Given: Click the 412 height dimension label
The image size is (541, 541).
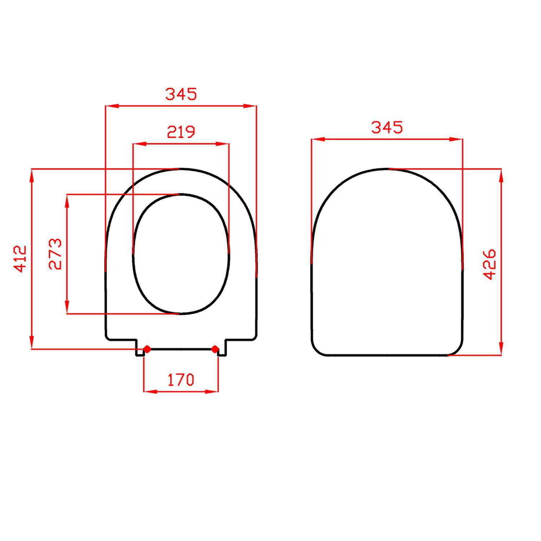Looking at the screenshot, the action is coord(21,259).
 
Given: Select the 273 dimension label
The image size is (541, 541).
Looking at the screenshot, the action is coord(56,254).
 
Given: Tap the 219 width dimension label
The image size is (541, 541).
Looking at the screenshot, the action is coord(181,132).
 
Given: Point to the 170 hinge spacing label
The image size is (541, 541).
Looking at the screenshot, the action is coord(180,379).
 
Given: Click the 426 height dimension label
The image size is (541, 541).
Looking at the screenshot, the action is coord(490,264).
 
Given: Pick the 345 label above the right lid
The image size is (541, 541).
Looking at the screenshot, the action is coord(387,127).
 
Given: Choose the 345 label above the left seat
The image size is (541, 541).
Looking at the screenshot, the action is coord(181,94).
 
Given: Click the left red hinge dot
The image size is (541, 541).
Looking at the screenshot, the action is coord(147,349).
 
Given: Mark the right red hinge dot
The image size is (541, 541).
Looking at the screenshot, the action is coord(215,349).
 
